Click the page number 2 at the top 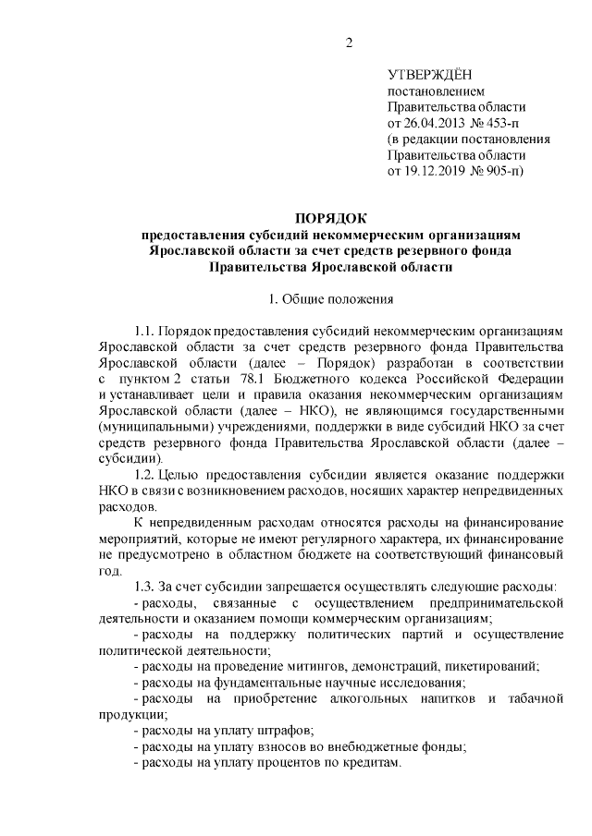click(349, 42)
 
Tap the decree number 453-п click(504, 124)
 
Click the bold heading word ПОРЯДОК click(331, 219)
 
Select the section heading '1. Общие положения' click(331, 298)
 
